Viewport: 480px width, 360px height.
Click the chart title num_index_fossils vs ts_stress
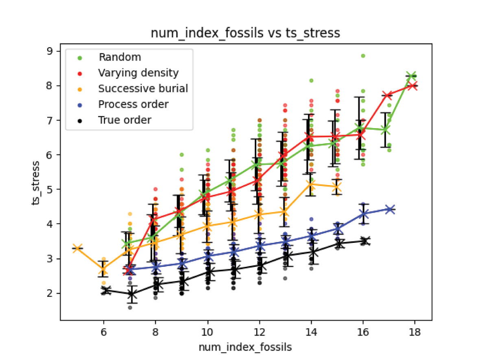245,33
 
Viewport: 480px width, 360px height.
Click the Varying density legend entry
138,73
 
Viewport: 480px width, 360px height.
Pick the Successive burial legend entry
143,89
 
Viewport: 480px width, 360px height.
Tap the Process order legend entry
133,105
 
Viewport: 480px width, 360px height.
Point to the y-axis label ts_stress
37,183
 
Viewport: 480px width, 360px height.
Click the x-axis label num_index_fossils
245,347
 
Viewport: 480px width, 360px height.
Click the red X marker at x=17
388,95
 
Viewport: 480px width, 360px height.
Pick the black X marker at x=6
106,290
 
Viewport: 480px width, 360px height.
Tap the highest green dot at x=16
362,56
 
